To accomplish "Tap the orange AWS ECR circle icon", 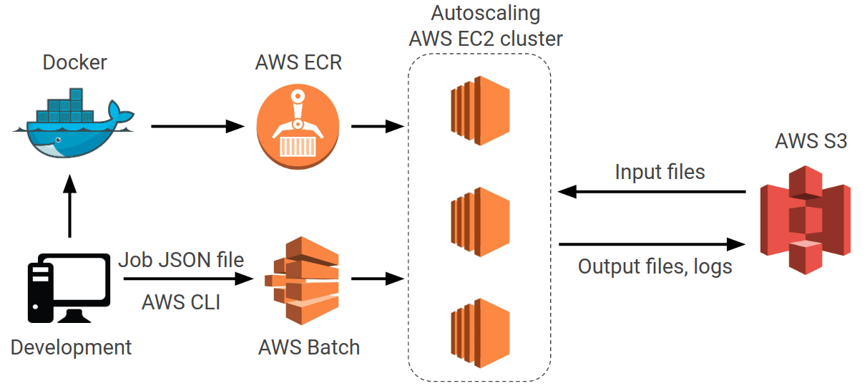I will point(298,127).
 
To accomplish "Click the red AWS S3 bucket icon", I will point(805,218).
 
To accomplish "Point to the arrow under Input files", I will point(652,192).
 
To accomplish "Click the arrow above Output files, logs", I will point(652,243).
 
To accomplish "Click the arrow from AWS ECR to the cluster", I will point(376,127).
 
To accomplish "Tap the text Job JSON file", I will point(181,259).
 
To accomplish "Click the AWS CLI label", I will point(181,302).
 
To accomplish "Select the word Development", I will point(71,348).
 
